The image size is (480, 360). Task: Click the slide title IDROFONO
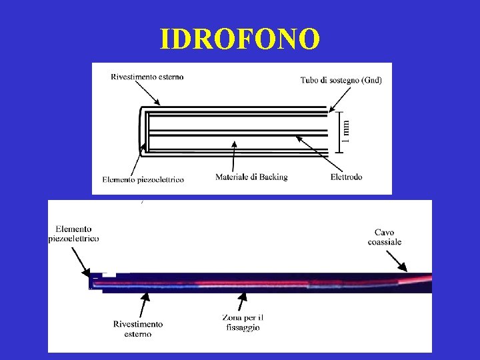click(x=240, y=39)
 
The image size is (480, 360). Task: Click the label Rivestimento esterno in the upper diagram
click(x=147, y=77)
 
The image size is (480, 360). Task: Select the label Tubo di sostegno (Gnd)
click(x=341, y=81)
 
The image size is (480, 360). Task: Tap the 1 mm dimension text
click(x=345, y=129)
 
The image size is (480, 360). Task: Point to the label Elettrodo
click(x=346, y=177)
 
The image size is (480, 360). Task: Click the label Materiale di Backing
click(x=251, y=177)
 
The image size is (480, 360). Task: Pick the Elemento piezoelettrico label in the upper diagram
click(x=143, y=179)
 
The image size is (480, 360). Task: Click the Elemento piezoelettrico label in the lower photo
click(x=74, y=233)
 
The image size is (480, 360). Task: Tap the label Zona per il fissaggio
click(x=241, y=323)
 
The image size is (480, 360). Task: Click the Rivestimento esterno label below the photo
click(x=138, y=329)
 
